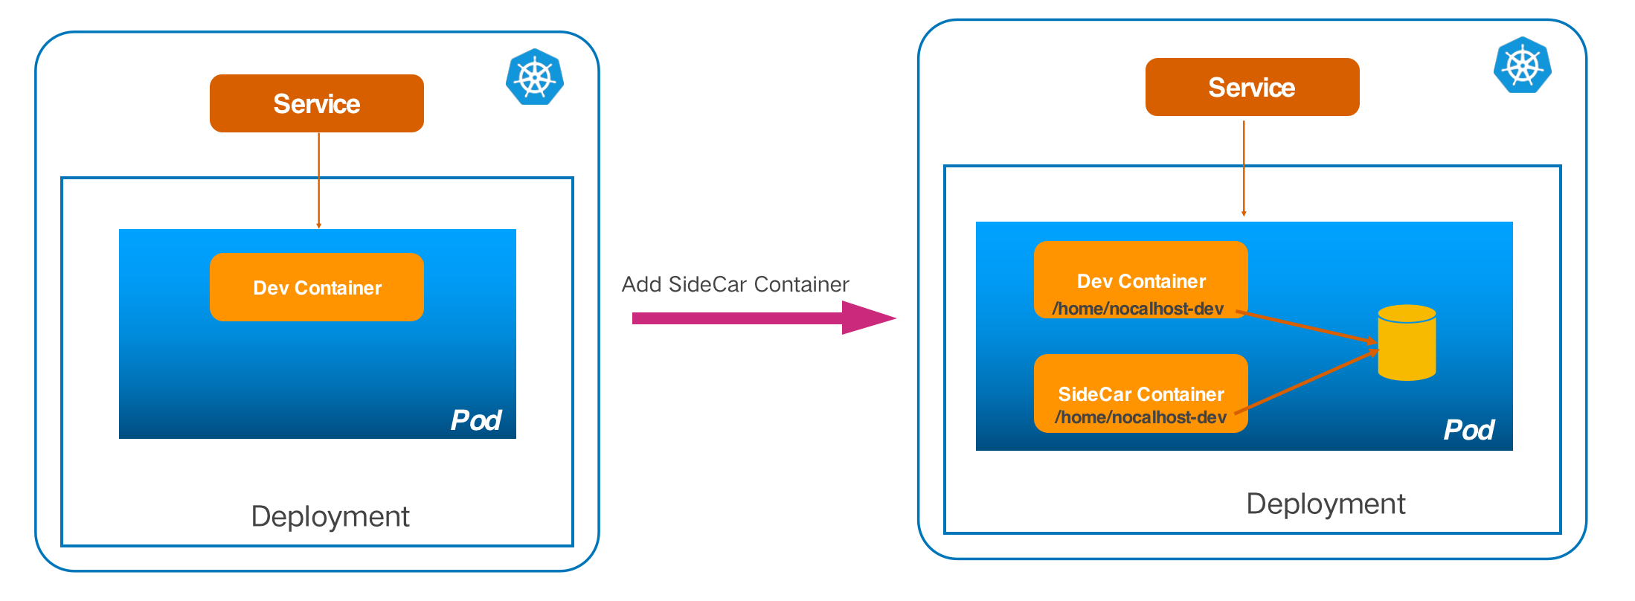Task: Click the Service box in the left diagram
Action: coord(316,103)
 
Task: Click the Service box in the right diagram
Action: coord(1252,87)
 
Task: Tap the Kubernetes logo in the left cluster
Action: coord(535,77)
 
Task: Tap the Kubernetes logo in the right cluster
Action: coord(1523,65)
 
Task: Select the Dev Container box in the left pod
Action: coord(316,287)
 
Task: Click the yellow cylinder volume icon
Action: coord(1407,343)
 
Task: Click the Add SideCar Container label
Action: coord(735,284)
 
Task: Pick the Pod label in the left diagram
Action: coord(476,420)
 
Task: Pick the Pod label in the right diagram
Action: coord(1469,430)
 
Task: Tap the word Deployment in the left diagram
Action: coord(330,516)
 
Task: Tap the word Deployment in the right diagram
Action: coord(1326,504)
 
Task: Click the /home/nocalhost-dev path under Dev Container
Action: coord(1137,309)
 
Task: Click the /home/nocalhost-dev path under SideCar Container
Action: coord(1140,417)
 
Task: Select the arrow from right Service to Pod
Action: coord(1244,168)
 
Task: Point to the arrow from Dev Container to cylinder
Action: coord(1309,327)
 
